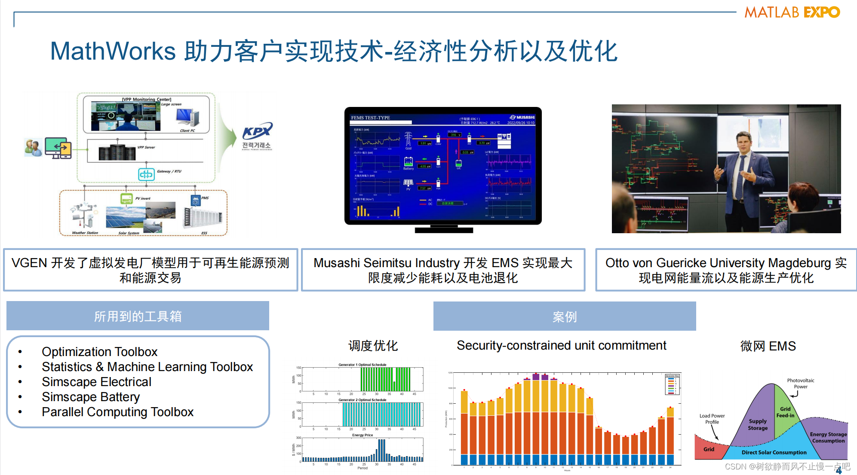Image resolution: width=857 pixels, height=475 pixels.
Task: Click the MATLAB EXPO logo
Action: point(792,12)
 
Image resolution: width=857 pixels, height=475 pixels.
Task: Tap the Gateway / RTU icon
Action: point(146,174)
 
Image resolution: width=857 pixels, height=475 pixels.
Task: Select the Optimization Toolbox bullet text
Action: point(99,352)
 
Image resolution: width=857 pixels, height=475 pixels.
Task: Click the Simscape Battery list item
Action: point(91,397)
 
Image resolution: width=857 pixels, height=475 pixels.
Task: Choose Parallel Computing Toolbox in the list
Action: point(117,412)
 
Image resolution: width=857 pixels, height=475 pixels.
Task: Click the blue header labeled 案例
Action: point(564,317)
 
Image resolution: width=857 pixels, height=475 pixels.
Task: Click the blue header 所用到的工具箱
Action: point(138,316)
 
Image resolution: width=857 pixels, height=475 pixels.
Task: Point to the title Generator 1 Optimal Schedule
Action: point(362,365)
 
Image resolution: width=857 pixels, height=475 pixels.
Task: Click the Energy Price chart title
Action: point(362,435)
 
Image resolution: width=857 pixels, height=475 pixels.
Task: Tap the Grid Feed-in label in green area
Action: point(785,412)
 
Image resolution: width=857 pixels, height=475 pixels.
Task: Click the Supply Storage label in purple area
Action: point(757,425)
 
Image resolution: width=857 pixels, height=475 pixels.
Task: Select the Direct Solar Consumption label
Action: point(774,452)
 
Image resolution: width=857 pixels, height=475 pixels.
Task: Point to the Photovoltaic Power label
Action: point(800,384)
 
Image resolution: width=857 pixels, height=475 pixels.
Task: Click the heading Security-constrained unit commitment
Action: point(561,345)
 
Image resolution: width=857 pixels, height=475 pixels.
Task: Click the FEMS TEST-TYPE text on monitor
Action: point(370,118)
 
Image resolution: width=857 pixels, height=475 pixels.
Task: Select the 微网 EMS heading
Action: point(768,346)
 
